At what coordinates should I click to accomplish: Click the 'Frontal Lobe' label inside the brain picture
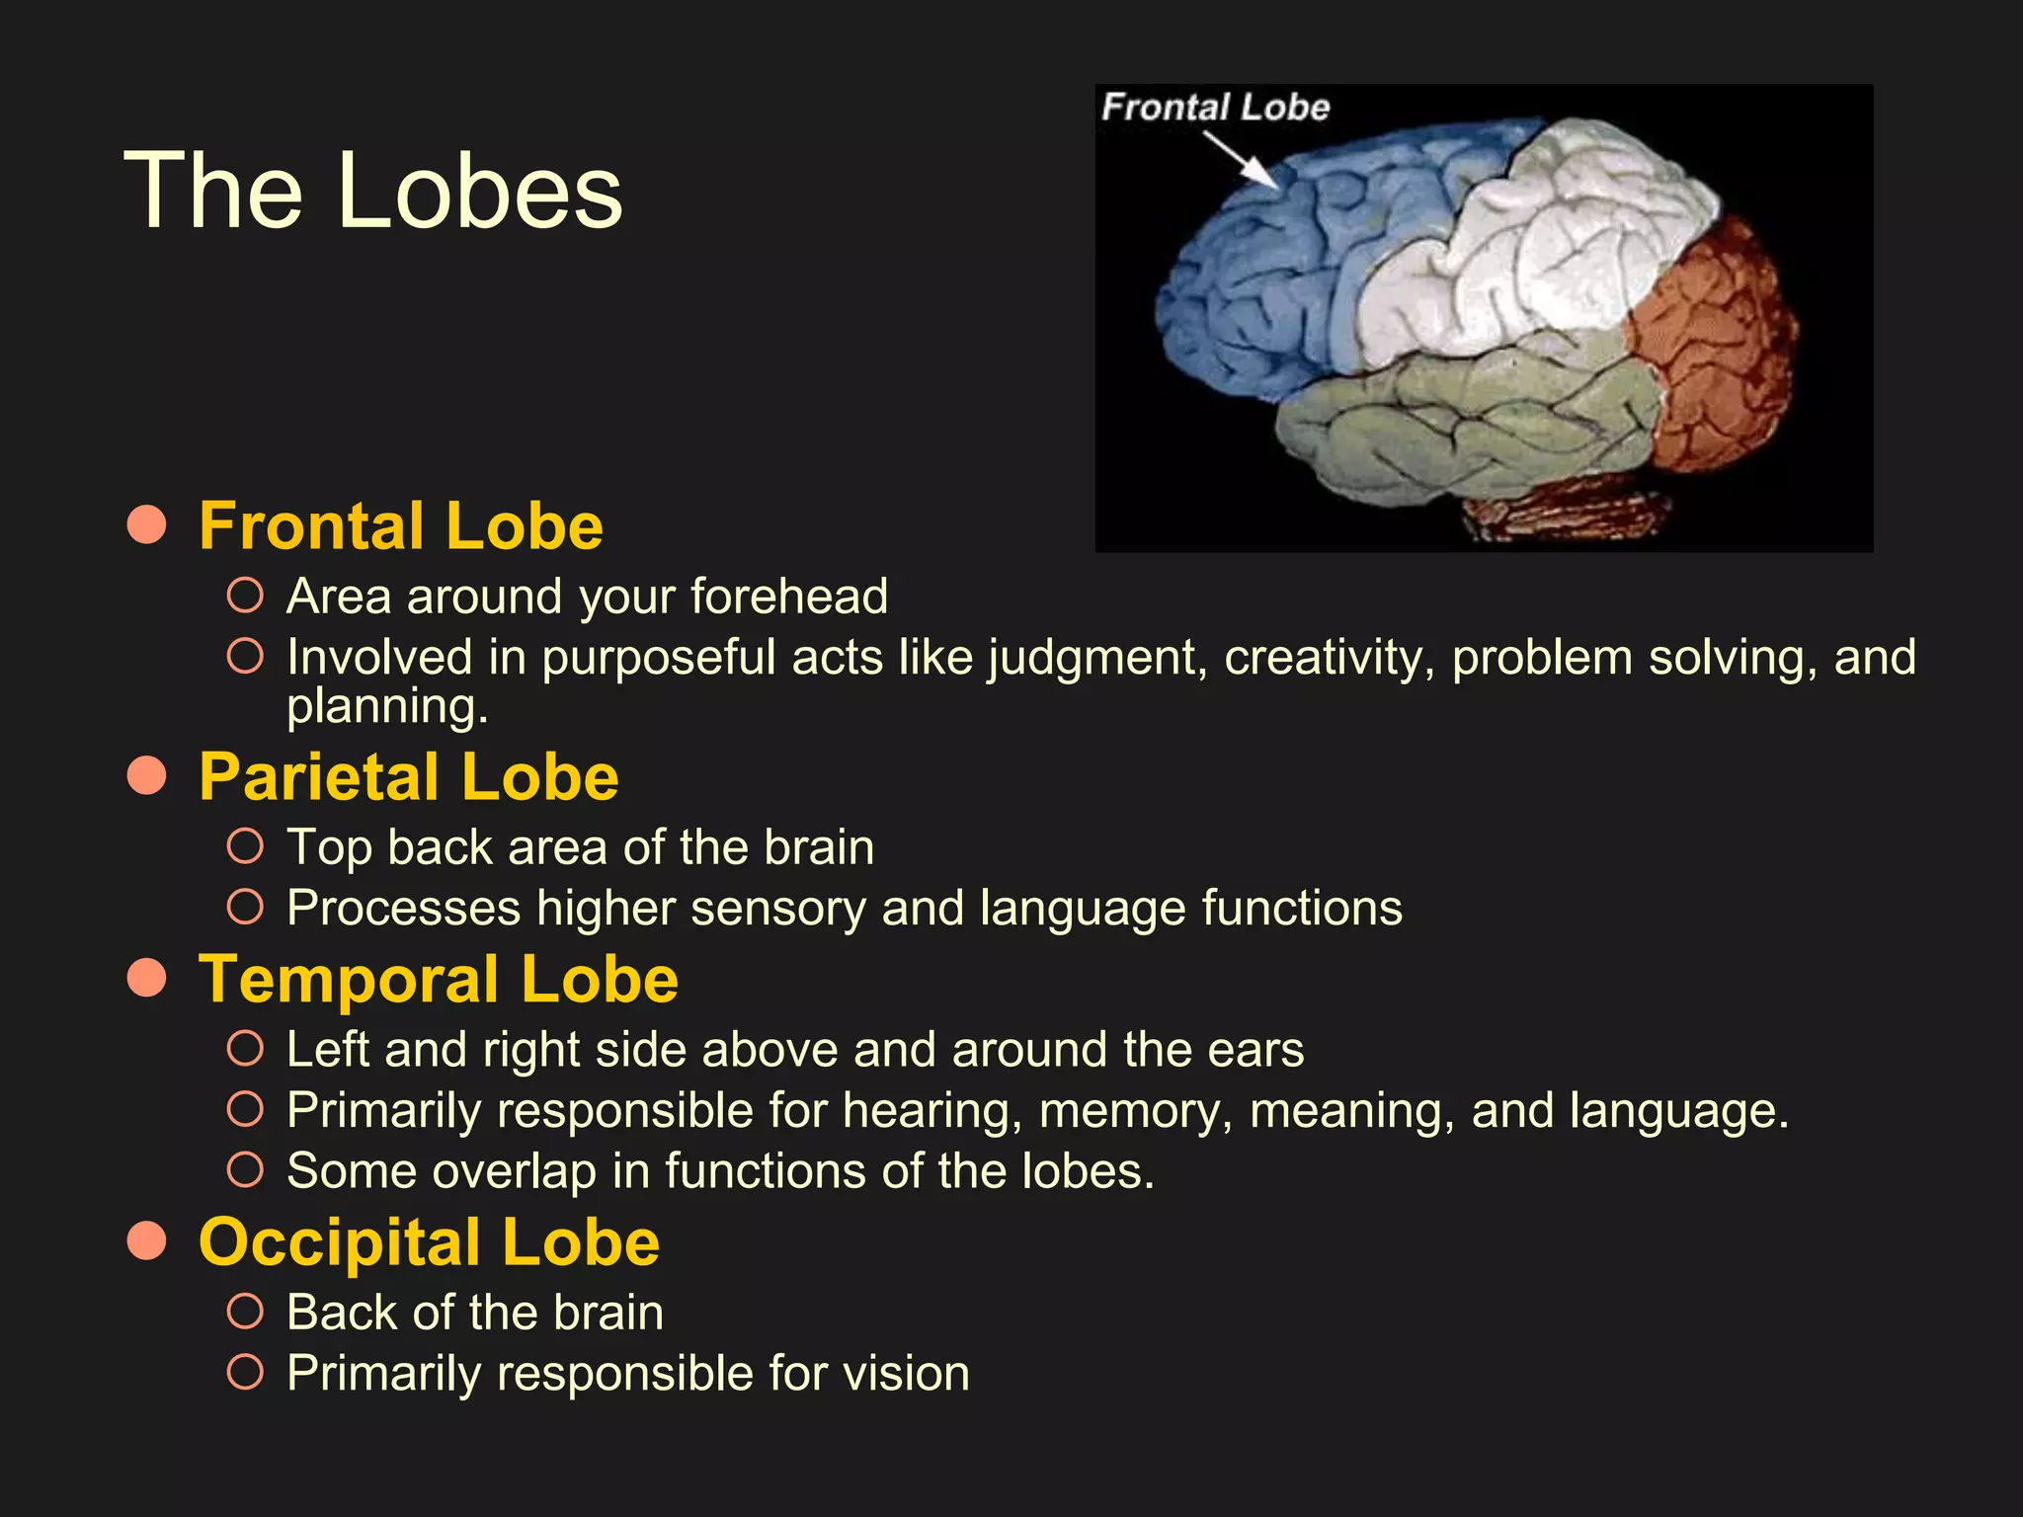point(1215,107)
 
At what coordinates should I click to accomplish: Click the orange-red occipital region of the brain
point(1719,346)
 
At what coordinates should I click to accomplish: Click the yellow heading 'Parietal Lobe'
point(408,777)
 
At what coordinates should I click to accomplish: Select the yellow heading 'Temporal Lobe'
point(439,980)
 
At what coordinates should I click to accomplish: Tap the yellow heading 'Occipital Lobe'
point(429,1241)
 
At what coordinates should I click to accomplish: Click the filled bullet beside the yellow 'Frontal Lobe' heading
point(146,524)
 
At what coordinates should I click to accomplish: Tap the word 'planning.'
point(387,707)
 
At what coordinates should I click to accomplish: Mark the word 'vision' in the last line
point(906,1374)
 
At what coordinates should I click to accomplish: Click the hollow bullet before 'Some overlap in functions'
point(245,1170)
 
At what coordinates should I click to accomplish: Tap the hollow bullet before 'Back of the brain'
point(245,1312)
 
